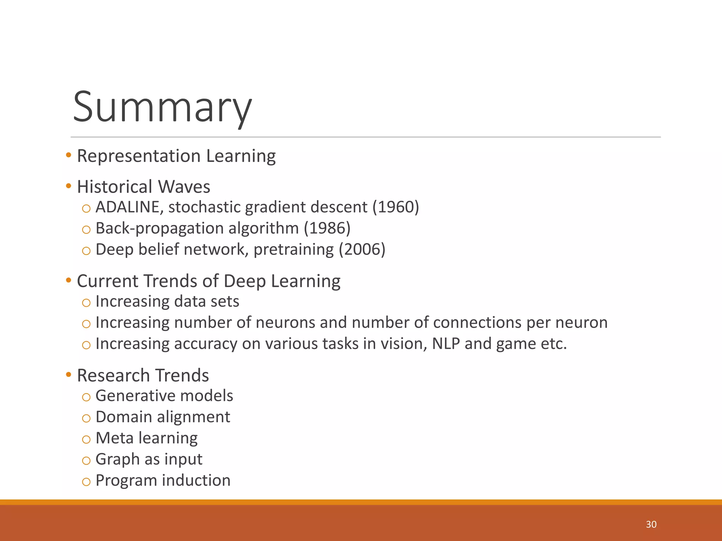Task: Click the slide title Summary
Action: (162, 107)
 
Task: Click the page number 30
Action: (651, 524)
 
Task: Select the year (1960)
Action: (396, 207)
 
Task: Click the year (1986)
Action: (327, 228)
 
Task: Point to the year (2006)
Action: (362, 249)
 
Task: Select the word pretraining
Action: (294, 249)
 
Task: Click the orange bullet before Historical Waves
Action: (68, 186)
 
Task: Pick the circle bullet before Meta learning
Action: (86, 439)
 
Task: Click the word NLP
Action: (446, 344)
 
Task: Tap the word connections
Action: (477, 323)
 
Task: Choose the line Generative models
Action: (164, 396)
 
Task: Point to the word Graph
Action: (117, 459)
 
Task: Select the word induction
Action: (196, 480)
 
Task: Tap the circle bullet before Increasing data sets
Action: (86, 303)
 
